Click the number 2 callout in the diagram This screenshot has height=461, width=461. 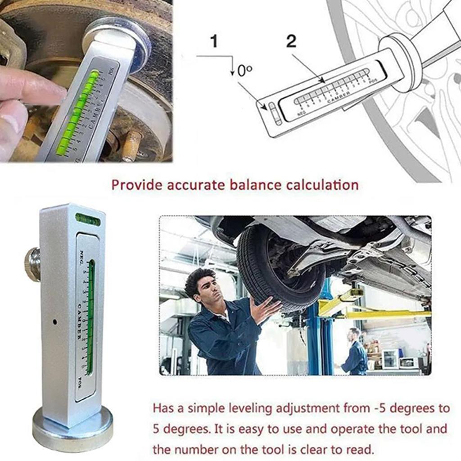[x=291, y=41]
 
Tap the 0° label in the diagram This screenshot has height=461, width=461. [x=244, y=71]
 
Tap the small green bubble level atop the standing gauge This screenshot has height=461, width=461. [x=88, y=219]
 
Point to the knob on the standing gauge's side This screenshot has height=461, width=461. [x=32, y=264]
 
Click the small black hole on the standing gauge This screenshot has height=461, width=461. [x=54, y=322]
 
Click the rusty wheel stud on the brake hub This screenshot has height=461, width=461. [x=132, y=144]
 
